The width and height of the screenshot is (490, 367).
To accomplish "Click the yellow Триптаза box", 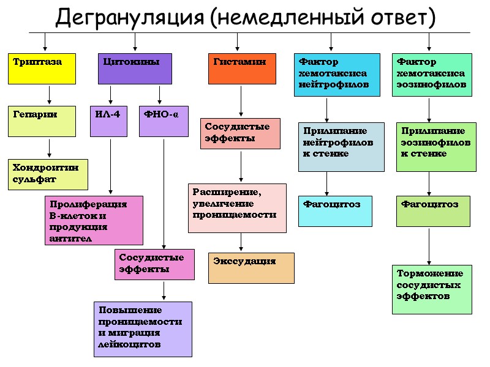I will pos(42,69).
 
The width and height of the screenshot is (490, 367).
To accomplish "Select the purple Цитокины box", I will pos(135,69).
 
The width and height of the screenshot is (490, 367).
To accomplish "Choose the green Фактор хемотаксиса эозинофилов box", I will pos(432,75).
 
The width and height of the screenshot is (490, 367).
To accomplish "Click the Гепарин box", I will pos(42,121).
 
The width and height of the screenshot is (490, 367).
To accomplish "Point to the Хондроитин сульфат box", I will pos(48,174).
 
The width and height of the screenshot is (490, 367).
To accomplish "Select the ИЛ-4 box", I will pos(109,121).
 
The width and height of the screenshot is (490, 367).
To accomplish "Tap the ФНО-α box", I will pos(164,121).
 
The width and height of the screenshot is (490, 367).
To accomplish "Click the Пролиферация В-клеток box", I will pos(94,220).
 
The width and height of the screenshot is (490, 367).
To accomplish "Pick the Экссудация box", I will pos(251,268).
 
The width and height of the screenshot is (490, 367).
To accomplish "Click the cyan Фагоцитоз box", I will pos(335,211).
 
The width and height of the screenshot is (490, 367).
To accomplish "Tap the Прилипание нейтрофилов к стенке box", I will pos(341,147).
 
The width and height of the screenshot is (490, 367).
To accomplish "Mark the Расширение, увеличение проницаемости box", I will pos(237,208).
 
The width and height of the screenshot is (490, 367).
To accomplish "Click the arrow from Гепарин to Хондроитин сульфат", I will pos(49,147).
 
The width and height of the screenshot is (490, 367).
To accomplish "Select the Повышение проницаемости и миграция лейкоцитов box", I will pos(143,329).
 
